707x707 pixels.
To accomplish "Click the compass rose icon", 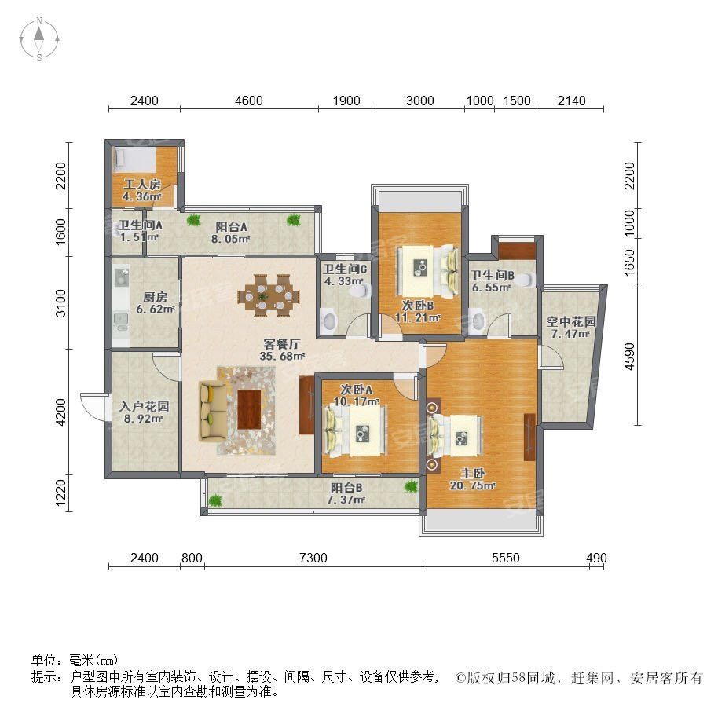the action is pyautogui.click(x=39, y=38).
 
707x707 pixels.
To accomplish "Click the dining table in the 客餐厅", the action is pyautogui.click(x=269, y=295).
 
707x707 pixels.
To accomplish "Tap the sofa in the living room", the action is pyautogui.click(x=213, y=410).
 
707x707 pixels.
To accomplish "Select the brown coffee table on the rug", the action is pyautogui.click(x=249, y=409).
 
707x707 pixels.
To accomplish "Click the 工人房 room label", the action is pyautogui.click(x=142, y=185).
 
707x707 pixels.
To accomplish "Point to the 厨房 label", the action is pyautogui.click(x=155, y=297).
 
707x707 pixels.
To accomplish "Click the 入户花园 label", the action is pyautogui.click(x=144, y=406).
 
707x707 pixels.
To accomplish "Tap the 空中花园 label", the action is pyautogui.click(x=571, y=321).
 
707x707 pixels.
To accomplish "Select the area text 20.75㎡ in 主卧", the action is pyautogui.click(x=473, y=485).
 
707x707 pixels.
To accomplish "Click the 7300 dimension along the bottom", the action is pyautogui.click(x=313, y=558).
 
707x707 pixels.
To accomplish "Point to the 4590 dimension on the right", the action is pyautogui.click(x=629, y=357).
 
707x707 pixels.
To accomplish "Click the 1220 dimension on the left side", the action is pyautogui.click(x=60, y=493).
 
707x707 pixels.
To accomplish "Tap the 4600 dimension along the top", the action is pyautogui.click(x=249, y=101).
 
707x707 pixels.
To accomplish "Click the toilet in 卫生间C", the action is pyautogui.click(x=361, y=291).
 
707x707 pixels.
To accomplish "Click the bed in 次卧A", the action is pyautogui.click(x=355, y=430).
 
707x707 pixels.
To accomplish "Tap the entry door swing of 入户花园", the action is pyautogui.click(x=93, y=407).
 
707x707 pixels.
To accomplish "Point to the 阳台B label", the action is pyautogui.click(x=346, y=487).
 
